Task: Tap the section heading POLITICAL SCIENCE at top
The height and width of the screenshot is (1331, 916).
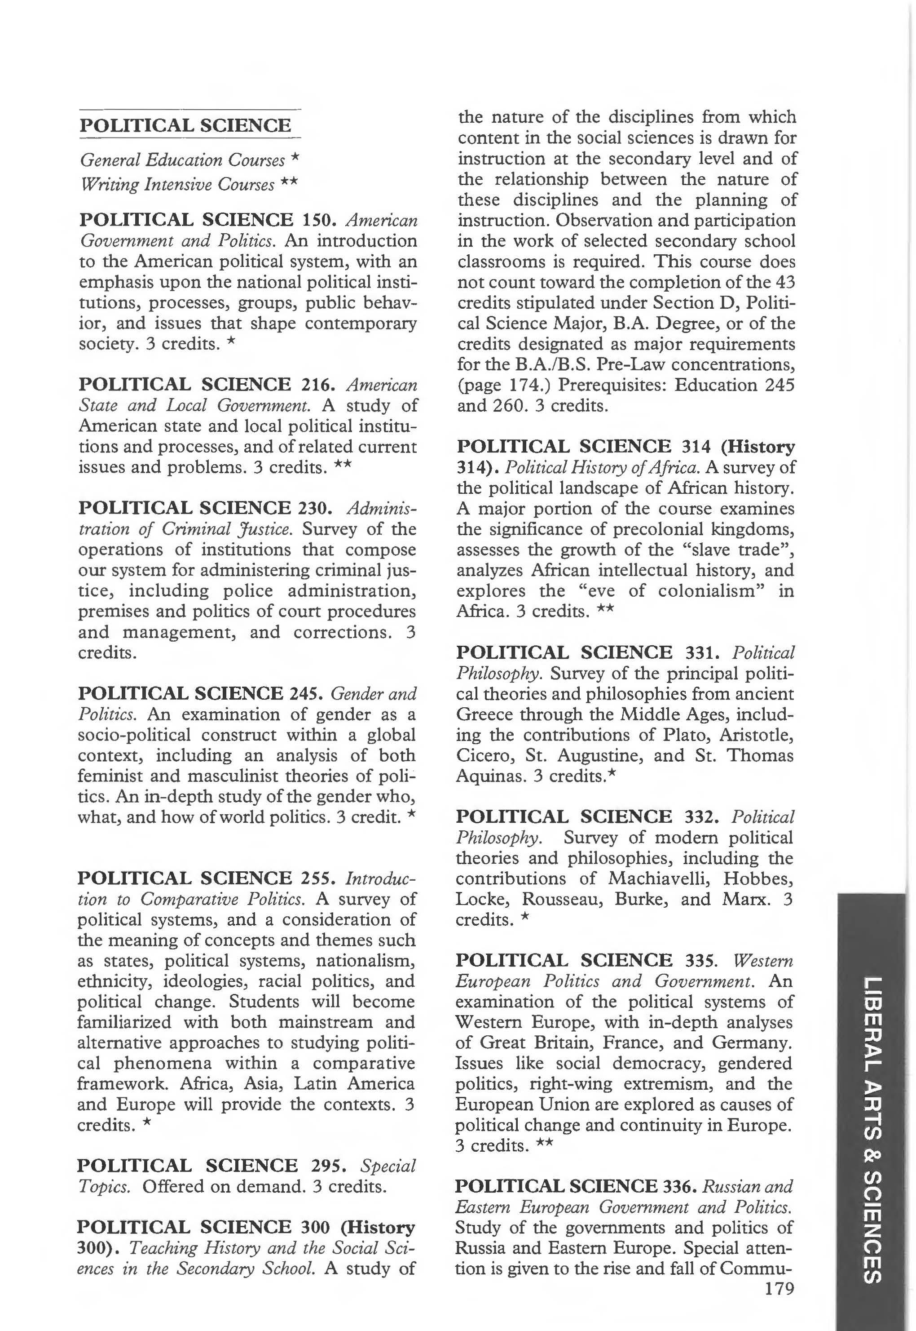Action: point(185,125)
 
